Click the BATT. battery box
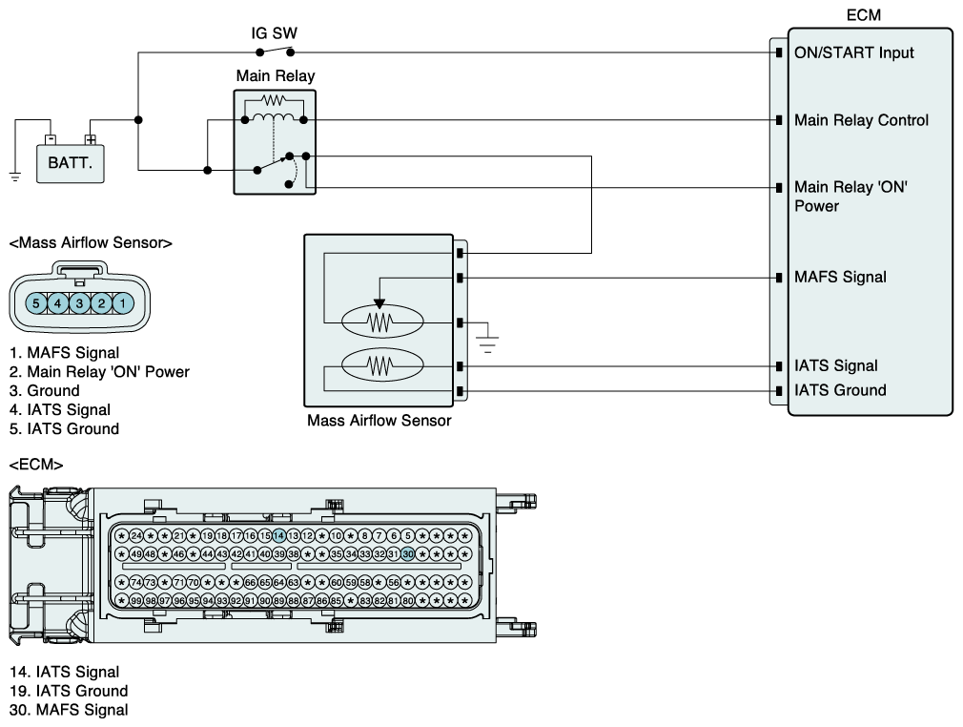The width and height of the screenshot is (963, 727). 70,163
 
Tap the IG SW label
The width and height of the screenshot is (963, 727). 274,33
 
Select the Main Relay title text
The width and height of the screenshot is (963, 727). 276,75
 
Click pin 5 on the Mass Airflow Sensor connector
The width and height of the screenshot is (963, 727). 36,303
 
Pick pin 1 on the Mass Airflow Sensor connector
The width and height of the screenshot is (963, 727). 123,303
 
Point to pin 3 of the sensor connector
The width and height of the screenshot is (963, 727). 79,303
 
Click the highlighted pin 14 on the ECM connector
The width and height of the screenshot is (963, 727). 278,536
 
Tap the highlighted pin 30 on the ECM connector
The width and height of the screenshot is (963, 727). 408,554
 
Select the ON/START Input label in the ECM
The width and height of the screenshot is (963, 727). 853,52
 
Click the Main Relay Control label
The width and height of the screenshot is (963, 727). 861,120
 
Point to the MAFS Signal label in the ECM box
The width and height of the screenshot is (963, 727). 840,278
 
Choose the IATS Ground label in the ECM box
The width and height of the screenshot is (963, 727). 840,390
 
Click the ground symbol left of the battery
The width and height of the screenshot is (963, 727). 15,177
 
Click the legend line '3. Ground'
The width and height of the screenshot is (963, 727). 45,391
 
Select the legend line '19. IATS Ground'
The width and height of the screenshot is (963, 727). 69,691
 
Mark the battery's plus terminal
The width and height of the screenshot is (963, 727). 91,140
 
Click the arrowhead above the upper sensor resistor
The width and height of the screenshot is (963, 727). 379,303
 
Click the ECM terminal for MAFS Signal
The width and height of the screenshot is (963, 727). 779,278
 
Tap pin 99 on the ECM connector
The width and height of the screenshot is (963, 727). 136,600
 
